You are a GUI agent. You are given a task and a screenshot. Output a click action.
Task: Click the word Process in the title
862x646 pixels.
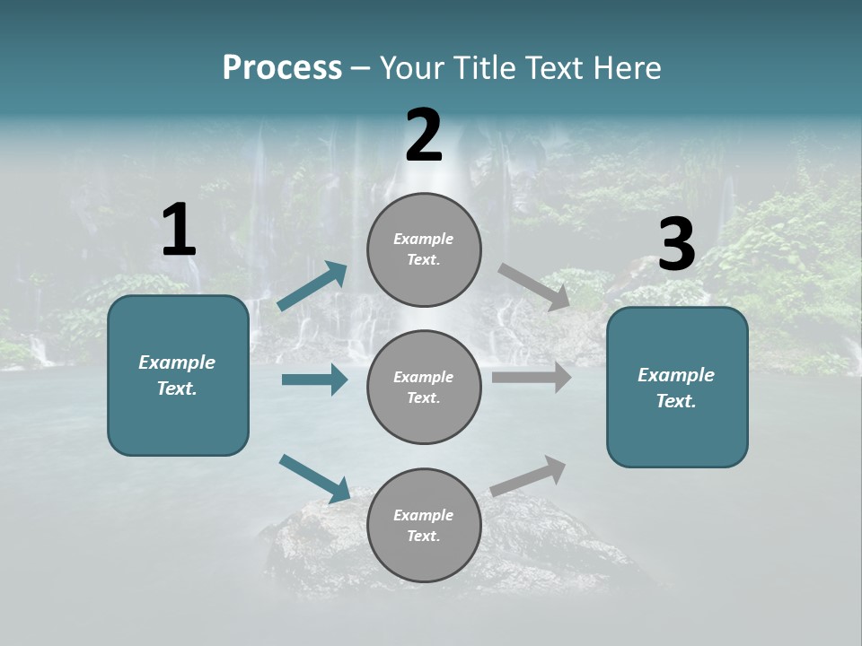coord(282,68)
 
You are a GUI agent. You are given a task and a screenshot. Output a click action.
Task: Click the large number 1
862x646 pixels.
coord(179,231)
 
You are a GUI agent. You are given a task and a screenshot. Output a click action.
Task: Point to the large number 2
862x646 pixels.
coord(424,136)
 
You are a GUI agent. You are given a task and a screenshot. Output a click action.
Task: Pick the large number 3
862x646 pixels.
coord(676,245)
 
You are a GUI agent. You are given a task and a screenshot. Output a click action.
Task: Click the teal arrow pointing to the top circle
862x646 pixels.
coord(312,286)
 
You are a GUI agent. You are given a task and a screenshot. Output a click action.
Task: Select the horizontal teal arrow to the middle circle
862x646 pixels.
coord(314,380)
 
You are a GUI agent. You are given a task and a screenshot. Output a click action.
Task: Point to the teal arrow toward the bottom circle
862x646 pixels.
coord(314,477)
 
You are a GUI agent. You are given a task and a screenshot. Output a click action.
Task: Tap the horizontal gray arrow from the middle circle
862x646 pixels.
coord(532,378)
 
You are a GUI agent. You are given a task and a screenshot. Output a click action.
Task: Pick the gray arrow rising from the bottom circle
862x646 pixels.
coord(528,476)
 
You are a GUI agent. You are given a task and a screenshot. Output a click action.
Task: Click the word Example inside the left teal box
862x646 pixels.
coord(177,362)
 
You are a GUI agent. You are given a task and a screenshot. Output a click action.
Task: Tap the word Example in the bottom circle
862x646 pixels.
coord(423,515)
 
